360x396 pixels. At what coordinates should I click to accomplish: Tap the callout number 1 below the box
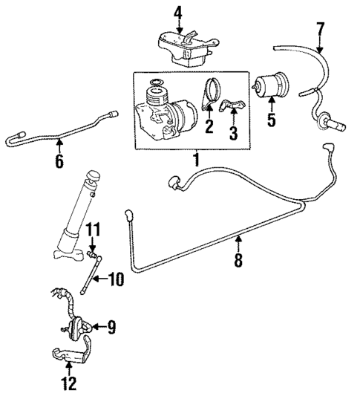click(196, 159)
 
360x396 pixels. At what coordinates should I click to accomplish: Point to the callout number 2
click(209, 126)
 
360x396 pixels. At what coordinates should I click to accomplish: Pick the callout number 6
click(59, 160)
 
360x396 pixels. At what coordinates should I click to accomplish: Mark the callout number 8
click(238, 261)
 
